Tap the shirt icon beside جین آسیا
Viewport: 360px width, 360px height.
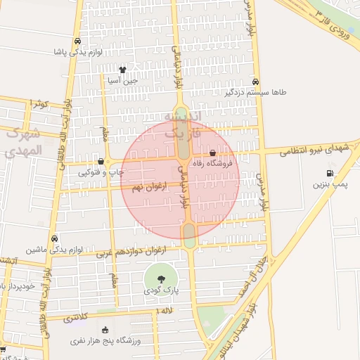coord(123,70)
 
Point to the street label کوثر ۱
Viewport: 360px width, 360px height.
coord(39,103)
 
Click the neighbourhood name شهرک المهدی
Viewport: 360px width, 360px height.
coord(23,141)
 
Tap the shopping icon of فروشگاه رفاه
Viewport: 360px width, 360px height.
coord(213,153)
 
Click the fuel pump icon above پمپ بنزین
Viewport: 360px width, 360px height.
coord(330,173)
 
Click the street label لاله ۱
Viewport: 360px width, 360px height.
coord(166,310)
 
